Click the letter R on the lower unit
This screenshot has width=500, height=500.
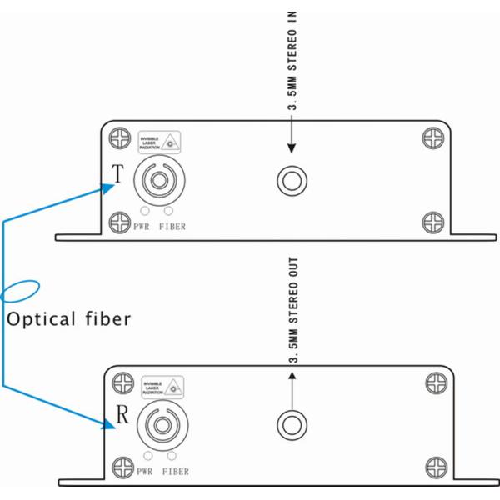pos(120,417)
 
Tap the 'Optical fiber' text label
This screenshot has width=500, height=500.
pos(69,318)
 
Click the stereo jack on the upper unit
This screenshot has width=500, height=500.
pos(292,180)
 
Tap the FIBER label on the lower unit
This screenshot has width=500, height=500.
pos(173,472)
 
